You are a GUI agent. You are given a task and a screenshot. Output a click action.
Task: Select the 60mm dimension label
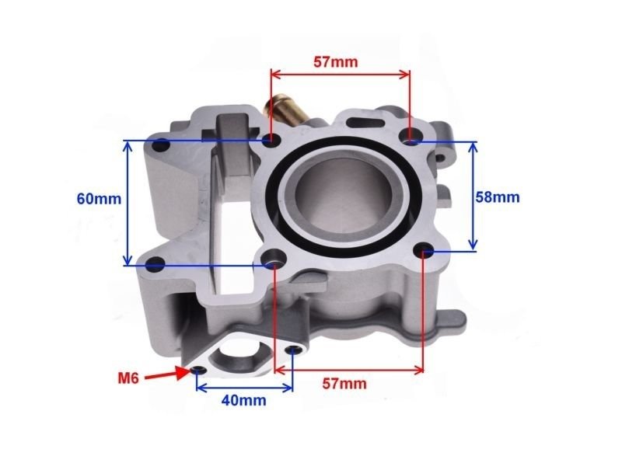pyautogui.click(x=99, y=198)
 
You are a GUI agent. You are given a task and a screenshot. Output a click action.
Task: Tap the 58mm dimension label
pyautogui.click(x=497, y=197)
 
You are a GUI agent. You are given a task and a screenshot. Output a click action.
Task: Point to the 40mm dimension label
pyautogui.click(x=243, y=401)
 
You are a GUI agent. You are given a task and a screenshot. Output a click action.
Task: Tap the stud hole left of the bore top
pyautogui.click(x=271, y=140)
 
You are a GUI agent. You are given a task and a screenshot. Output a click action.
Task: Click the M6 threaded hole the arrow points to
pyautogui.click(x=201, y=368)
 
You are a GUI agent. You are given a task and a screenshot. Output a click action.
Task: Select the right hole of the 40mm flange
pyautogui.click(x=292, y=351)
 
